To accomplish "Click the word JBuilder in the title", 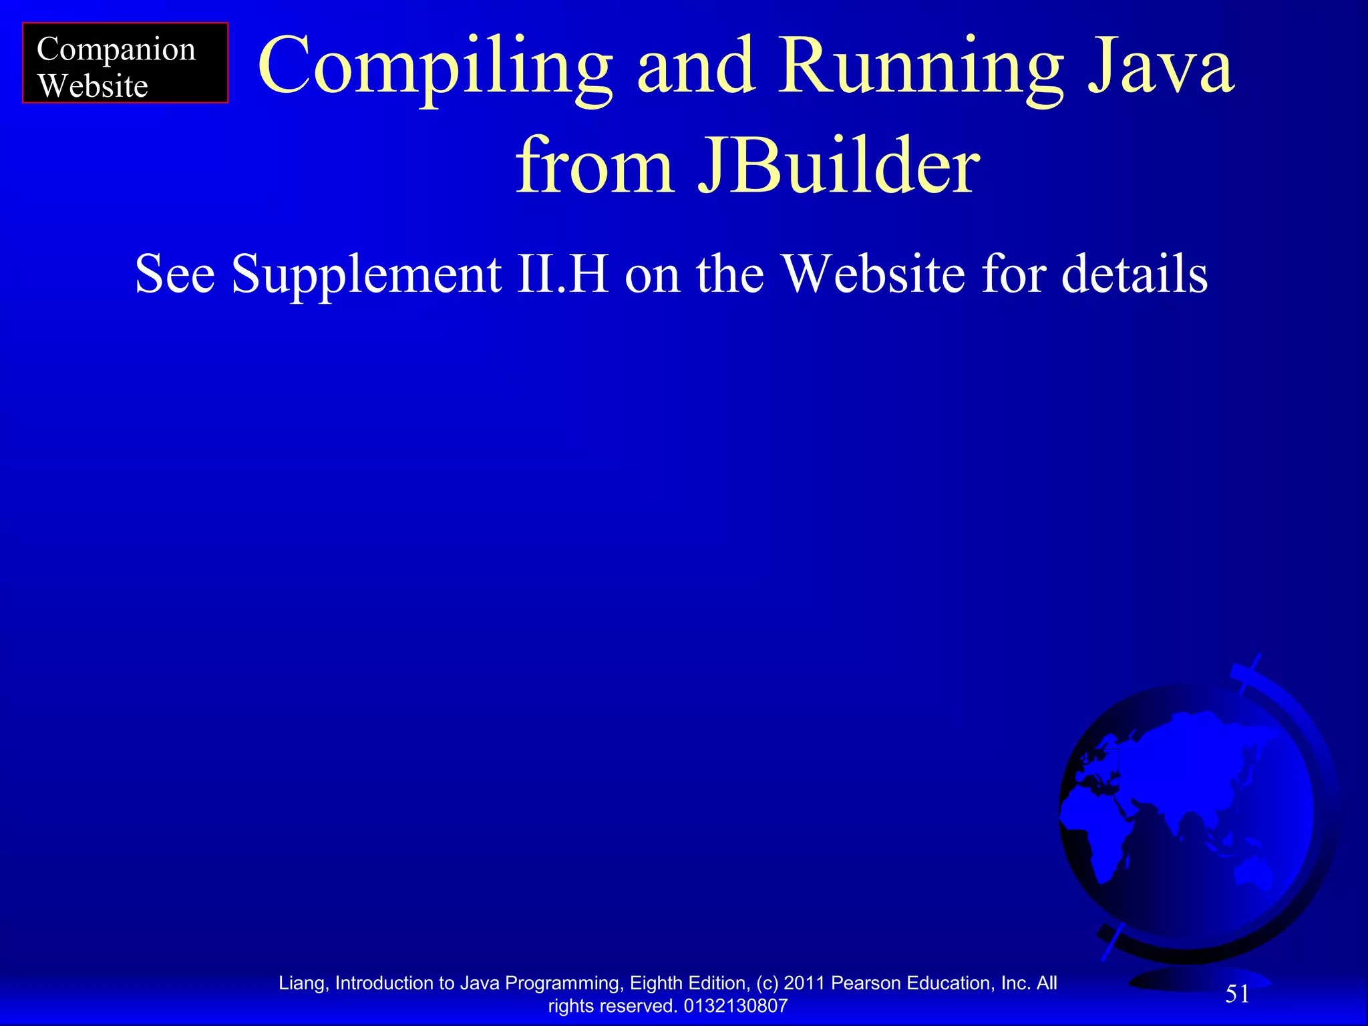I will [x=838, y=165].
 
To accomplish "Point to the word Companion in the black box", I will [x=116, y=50].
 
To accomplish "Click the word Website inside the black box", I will [x=93, y=86].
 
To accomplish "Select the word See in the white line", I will [x=175, y=274].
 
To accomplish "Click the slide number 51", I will [x=1237, y=994].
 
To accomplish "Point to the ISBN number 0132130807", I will [x=735, y=1006].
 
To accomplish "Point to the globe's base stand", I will [x=1196, y=979].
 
